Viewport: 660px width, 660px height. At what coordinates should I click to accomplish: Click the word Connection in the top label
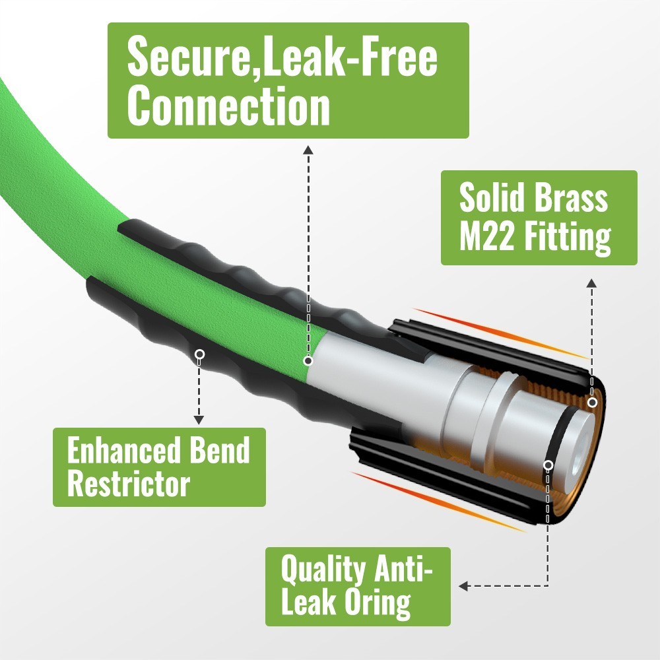pyautogui.click(x=228, y=105)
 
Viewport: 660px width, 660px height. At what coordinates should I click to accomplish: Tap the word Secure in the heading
pyautogui.click(x=188, y=55)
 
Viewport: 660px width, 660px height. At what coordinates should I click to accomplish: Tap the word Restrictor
pyautogui.click(x=129, y=484)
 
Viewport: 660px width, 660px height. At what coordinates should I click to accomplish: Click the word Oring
pyautogui.click(x=378, y=603)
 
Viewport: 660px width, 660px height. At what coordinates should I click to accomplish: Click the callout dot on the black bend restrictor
pyautogui.click(x=200, y=354)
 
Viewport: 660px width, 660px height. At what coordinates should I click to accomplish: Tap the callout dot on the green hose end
pyautogui.click(x=308, y=361)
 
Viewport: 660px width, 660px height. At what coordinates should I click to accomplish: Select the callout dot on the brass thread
pyautogui.click(x=592, y=403)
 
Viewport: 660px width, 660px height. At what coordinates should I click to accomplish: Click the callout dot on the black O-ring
pyautogui.click(x=548, y=465)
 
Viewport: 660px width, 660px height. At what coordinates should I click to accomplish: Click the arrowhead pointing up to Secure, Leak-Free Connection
pyautogui.click(x=308, y=150)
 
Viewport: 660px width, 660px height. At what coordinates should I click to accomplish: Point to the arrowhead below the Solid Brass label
pyautogui.click(x=592, y=283)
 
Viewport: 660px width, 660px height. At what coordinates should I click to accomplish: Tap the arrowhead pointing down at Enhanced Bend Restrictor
pyautogui.click(x=199, y=420)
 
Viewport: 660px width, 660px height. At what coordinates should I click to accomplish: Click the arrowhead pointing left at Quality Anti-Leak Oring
pyautogui.click(x=463, y=586)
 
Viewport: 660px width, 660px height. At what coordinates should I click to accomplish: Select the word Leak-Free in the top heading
pyautogui.click(x=349, y=55)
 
